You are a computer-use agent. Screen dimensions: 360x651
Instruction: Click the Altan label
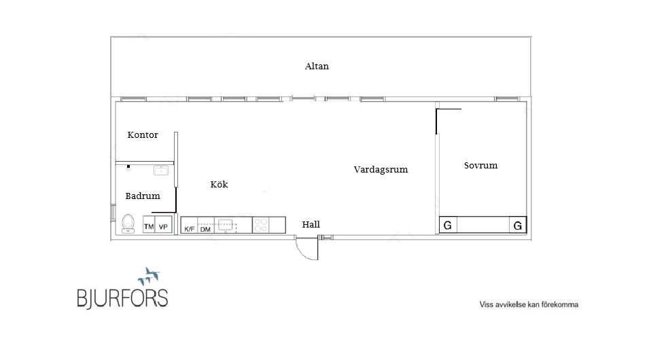pos(317,67)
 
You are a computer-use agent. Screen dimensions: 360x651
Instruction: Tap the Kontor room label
pos(143,135)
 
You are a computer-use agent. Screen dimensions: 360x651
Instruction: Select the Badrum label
pos(143,196)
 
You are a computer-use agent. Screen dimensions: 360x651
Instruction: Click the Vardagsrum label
pos(381,170)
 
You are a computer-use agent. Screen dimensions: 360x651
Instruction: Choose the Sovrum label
pos(480,166)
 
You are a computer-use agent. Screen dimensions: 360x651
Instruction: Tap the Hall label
pos(311,225)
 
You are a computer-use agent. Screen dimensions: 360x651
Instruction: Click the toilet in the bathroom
pos(128,224)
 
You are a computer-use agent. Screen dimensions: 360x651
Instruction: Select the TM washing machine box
pos(149,226)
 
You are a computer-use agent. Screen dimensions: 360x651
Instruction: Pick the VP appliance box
pos(164,226)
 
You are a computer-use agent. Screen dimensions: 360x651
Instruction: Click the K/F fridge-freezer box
pos(190,229)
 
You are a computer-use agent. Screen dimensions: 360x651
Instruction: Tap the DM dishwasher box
pos(205,229)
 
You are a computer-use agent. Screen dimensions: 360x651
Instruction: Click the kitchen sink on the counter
pos(226,223)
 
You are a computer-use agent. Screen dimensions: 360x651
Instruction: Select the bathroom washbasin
pos(161,170)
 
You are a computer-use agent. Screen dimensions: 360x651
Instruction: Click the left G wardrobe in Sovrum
pos(448,226)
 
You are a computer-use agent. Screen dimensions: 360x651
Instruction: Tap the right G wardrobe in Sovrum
pos(518,226)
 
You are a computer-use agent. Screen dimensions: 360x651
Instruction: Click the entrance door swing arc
pos(307,251)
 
